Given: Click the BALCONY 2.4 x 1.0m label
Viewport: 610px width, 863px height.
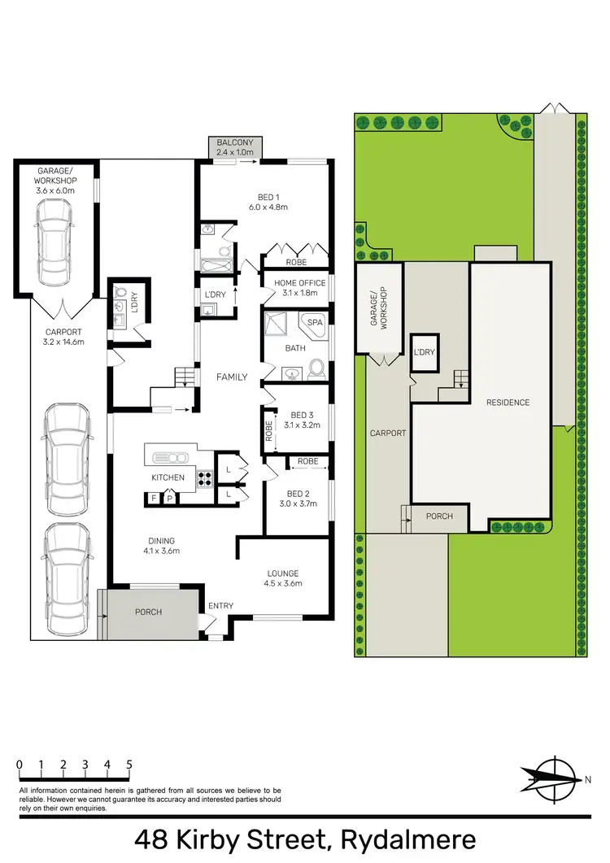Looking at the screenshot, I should pyautogui.click(x=235, y=147).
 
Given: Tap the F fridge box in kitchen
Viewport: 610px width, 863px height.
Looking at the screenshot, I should pyautogui.click(x=153, y=498).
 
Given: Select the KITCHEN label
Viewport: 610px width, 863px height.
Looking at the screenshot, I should pyautogui.click(x=168, y=477).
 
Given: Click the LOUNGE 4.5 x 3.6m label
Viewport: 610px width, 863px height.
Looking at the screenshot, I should pyautogui.click(x=281, y=578).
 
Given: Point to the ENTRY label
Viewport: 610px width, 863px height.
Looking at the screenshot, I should pyautogui.click(x=220, y=606).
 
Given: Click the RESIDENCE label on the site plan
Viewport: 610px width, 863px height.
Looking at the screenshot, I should pyautogui.click(x=508, y=403).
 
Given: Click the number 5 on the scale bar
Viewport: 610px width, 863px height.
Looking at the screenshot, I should pyautogui.click(x=129, y=765).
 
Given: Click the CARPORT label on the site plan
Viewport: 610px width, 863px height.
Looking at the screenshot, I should pyautogui.click(x=388, y=433).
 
